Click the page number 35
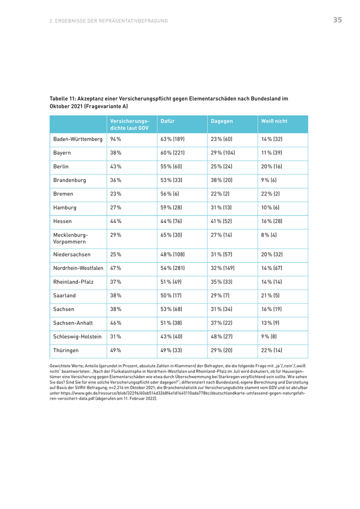337,20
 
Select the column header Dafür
168,121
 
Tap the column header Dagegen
222,121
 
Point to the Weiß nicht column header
274,121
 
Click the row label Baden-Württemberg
78,139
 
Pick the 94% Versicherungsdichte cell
116,139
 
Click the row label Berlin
61,167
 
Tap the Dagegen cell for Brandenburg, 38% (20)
222,180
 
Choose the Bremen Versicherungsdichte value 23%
116,194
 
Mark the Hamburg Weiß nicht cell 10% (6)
271,208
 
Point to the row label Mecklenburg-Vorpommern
70,238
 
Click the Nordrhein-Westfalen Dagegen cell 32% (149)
223,268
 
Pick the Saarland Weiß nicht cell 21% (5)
271,296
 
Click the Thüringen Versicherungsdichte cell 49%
116,351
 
